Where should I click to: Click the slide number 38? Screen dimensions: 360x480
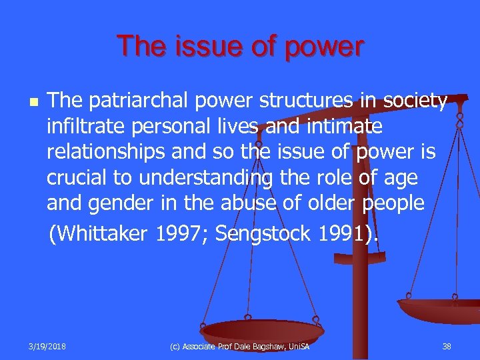447,347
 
